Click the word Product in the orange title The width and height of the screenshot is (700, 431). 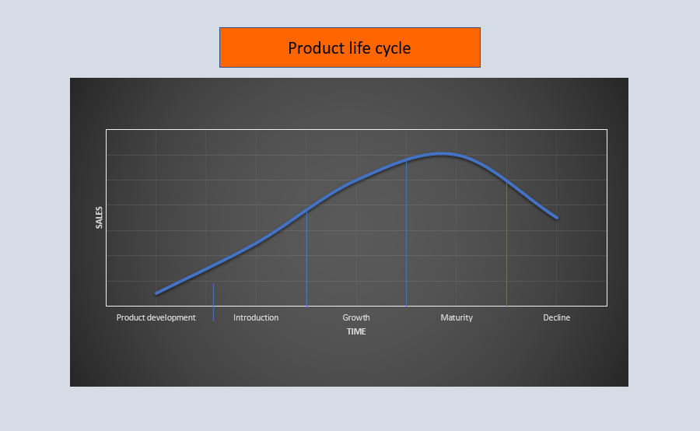coord(313,48)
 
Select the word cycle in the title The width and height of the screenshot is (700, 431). coord(390,48)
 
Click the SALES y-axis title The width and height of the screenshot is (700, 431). coord(99,218)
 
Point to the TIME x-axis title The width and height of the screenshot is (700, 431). coord(356,331)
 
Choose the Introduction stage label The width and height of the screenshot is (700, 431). coord(256,317)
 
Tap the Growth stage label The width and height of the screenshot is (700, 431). coord(356,317)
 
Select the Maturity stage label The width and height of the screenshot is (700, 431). coord(457,317)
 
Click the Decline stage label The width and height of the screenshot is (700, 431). coord(556,317)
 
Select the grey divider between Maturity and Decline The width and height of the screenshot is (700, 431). coord(506,249)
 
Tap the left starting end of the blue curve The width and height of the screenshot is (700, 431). coord(156,293)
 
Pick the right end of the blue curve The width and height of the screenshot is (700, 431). coord(557,217)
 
